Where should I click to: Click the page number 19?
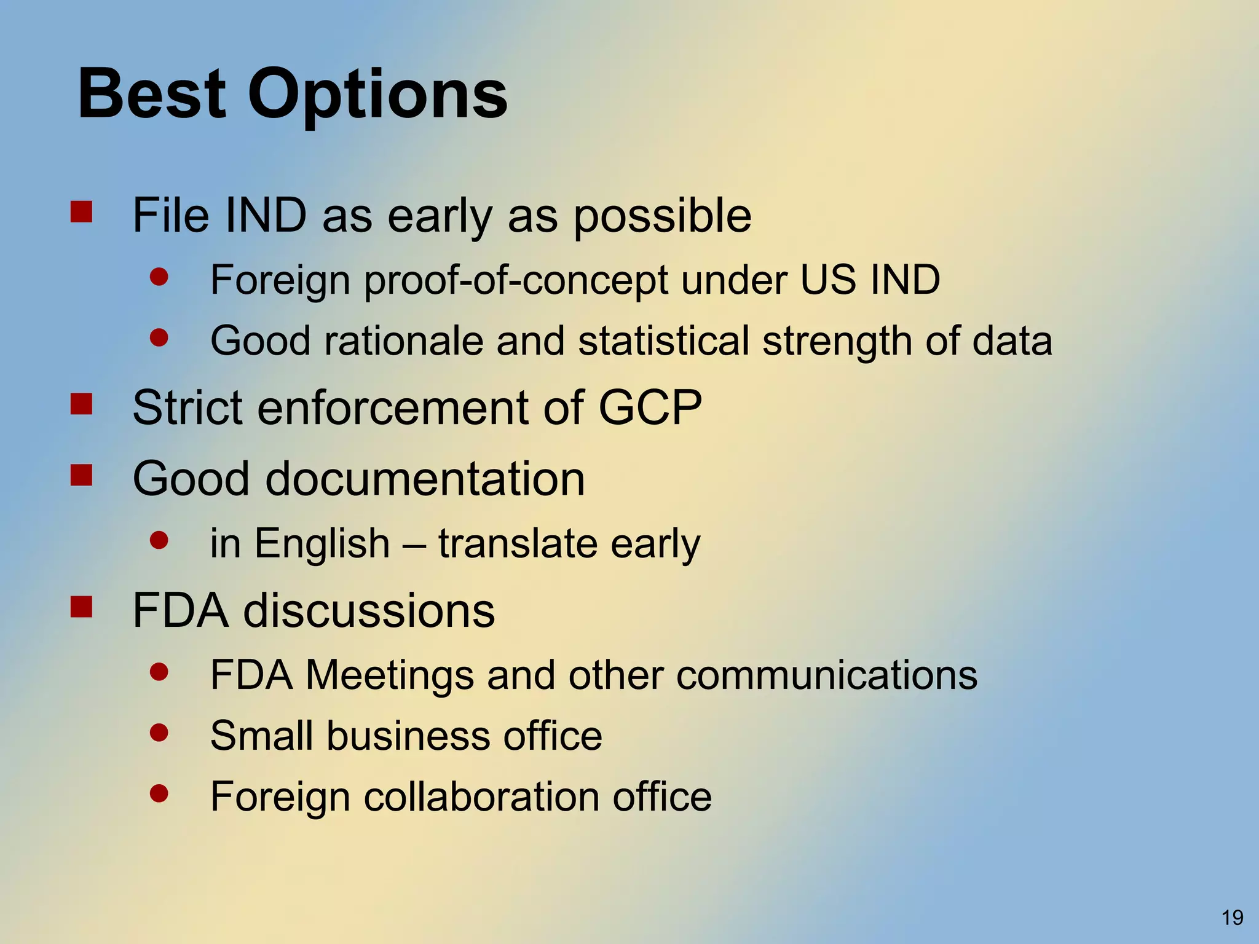pos(1232,918)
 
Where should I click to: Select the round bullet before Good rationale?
pos(159,337)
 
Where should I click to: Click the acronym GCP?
pos(650,407)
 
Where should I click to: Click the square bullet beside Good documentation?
pos(81,475)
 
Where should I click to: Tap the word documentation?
pos(425,479)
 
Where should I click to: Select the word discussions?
pos(369,611)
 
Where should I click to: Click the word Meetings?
pos(389,675)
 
